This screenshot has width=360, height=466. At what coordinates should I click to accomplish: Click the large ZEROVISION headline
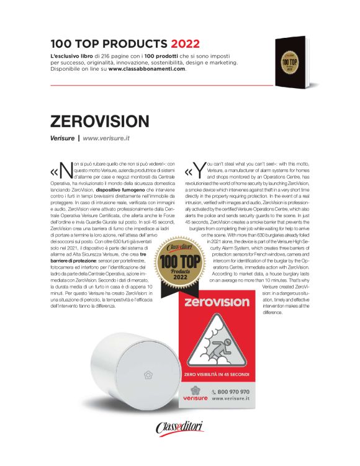[100, 120]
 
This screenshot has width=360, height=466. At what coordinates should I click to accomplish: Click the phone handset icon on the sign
[215, 392]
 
